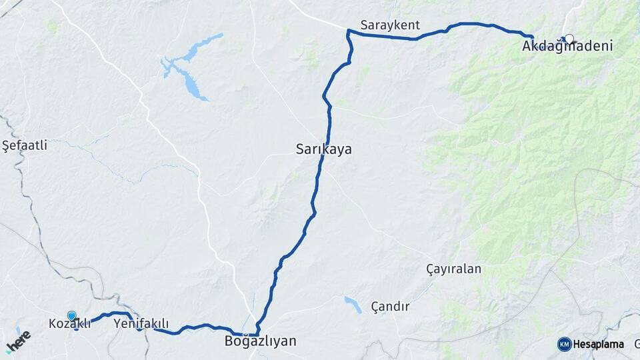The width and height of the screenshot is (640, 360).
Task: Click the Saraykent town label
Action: [x=390, y=25]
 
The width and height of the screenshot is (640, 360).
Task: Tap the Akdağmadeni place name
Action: [x=567, y=47]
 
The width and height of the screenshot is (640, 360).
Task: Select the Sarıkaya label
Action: [x=323, y=150]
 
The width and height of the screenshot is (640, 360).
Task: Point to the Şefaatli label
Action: [x=25, y=145]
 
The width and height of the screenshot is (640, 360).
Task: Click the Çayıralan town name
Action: [x=453, y=269]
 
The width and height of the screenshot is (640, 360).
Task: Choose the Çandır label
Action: [x=390, y=307]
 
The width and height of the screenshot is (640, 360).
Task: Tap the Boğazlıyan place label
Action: [x=260, y=341]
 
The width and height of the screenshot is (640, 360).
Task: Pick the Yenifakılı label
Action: [x=141, y=323]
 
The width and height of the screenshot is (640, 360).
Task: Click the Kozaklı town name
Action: [x=69, y=324]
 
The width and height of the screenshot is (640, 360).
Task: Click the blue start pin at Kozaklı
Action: [x=71, y=316]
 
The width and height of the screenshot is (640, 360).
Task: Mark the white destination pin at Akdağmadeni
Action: [x=569, y=39]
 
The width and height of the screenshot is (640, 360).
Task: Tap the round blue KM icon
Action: [x=564, y=344]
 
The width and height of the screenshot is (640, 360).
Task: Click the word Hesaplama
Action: [x=599, y=345]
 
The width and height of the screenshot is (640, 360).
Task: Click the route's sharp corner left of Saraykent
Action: [x=348, y=31]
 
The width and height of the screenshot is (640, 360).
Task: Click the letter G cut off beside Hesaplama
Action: [x=637, y=345]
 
